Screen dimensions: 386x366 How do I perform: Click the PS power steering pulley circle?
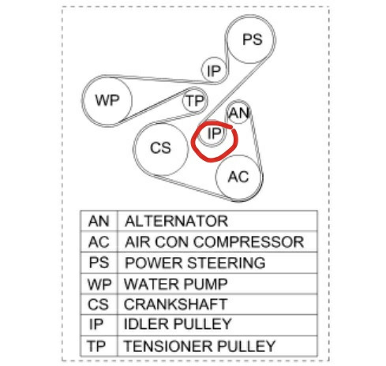(251, 39)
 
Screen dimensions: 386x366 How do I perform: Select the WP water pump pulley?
(107, 100)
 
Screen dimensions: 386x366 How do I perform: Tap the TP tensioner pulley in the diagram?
(195, 100)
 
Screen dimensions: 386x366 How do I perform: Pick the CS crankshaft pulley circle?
(161, 148)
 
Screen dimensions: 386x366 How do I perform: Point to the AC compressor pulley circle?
(239, 177)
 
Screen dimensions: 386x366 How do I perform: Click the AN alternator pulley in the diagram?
(238, 113)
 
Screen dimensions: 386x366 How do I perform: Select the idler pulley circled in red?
(212, 133)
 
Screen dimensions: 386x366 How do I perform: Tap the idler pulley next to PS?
(214, 70)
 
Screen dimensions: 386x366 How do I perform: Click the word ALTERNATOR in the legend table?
(176, 221)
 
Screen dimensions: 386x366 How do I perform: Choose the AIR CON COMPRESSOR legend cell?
(217, 241)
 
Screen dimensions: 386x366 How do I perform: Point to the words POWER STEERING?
(195, 263)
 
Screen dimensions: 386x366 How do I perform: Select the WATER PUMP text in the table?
(175, 284)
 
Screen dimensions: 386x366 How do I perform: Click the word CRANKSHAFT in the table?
(175, 304)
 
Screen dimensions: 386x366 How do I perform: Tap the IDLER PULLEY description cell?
(217, 325)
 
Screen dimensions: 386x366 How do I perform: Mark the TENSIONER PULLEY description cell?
(217, 345)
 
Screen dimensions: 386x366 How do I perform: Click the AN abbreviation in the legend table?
(99, 221)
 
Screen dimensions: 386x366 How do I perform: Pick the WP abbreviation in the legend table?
(99, 284)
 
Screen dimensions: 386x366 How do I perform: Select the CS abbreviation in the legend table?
(98, 304)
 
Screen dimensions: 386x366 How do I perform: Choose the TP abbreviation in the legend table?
(96, 346)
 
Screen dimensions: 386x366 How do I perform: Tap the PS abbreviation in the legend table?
(99, 263)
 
